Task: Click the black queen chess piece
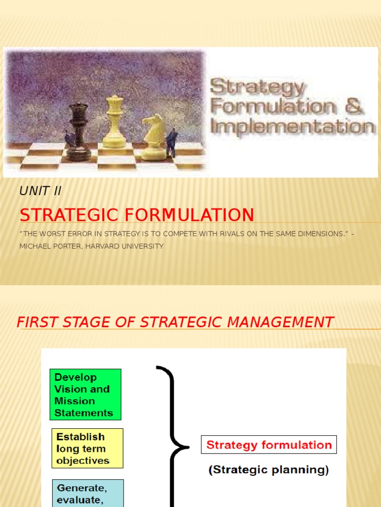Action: pos(78,131)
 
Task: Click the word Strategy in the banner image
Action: pos(257,88)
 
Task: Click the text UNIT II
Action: pos(40,191)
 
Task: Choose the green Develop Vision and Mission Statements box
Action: pos(85,395)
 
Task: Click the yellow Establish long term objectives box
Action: pos(87,449)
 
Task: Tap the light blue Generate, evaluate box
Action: pos(88,493)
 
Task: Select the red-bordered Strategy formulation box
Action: pos(269,445)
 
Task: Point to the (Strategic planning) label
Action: pos(268,470)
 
